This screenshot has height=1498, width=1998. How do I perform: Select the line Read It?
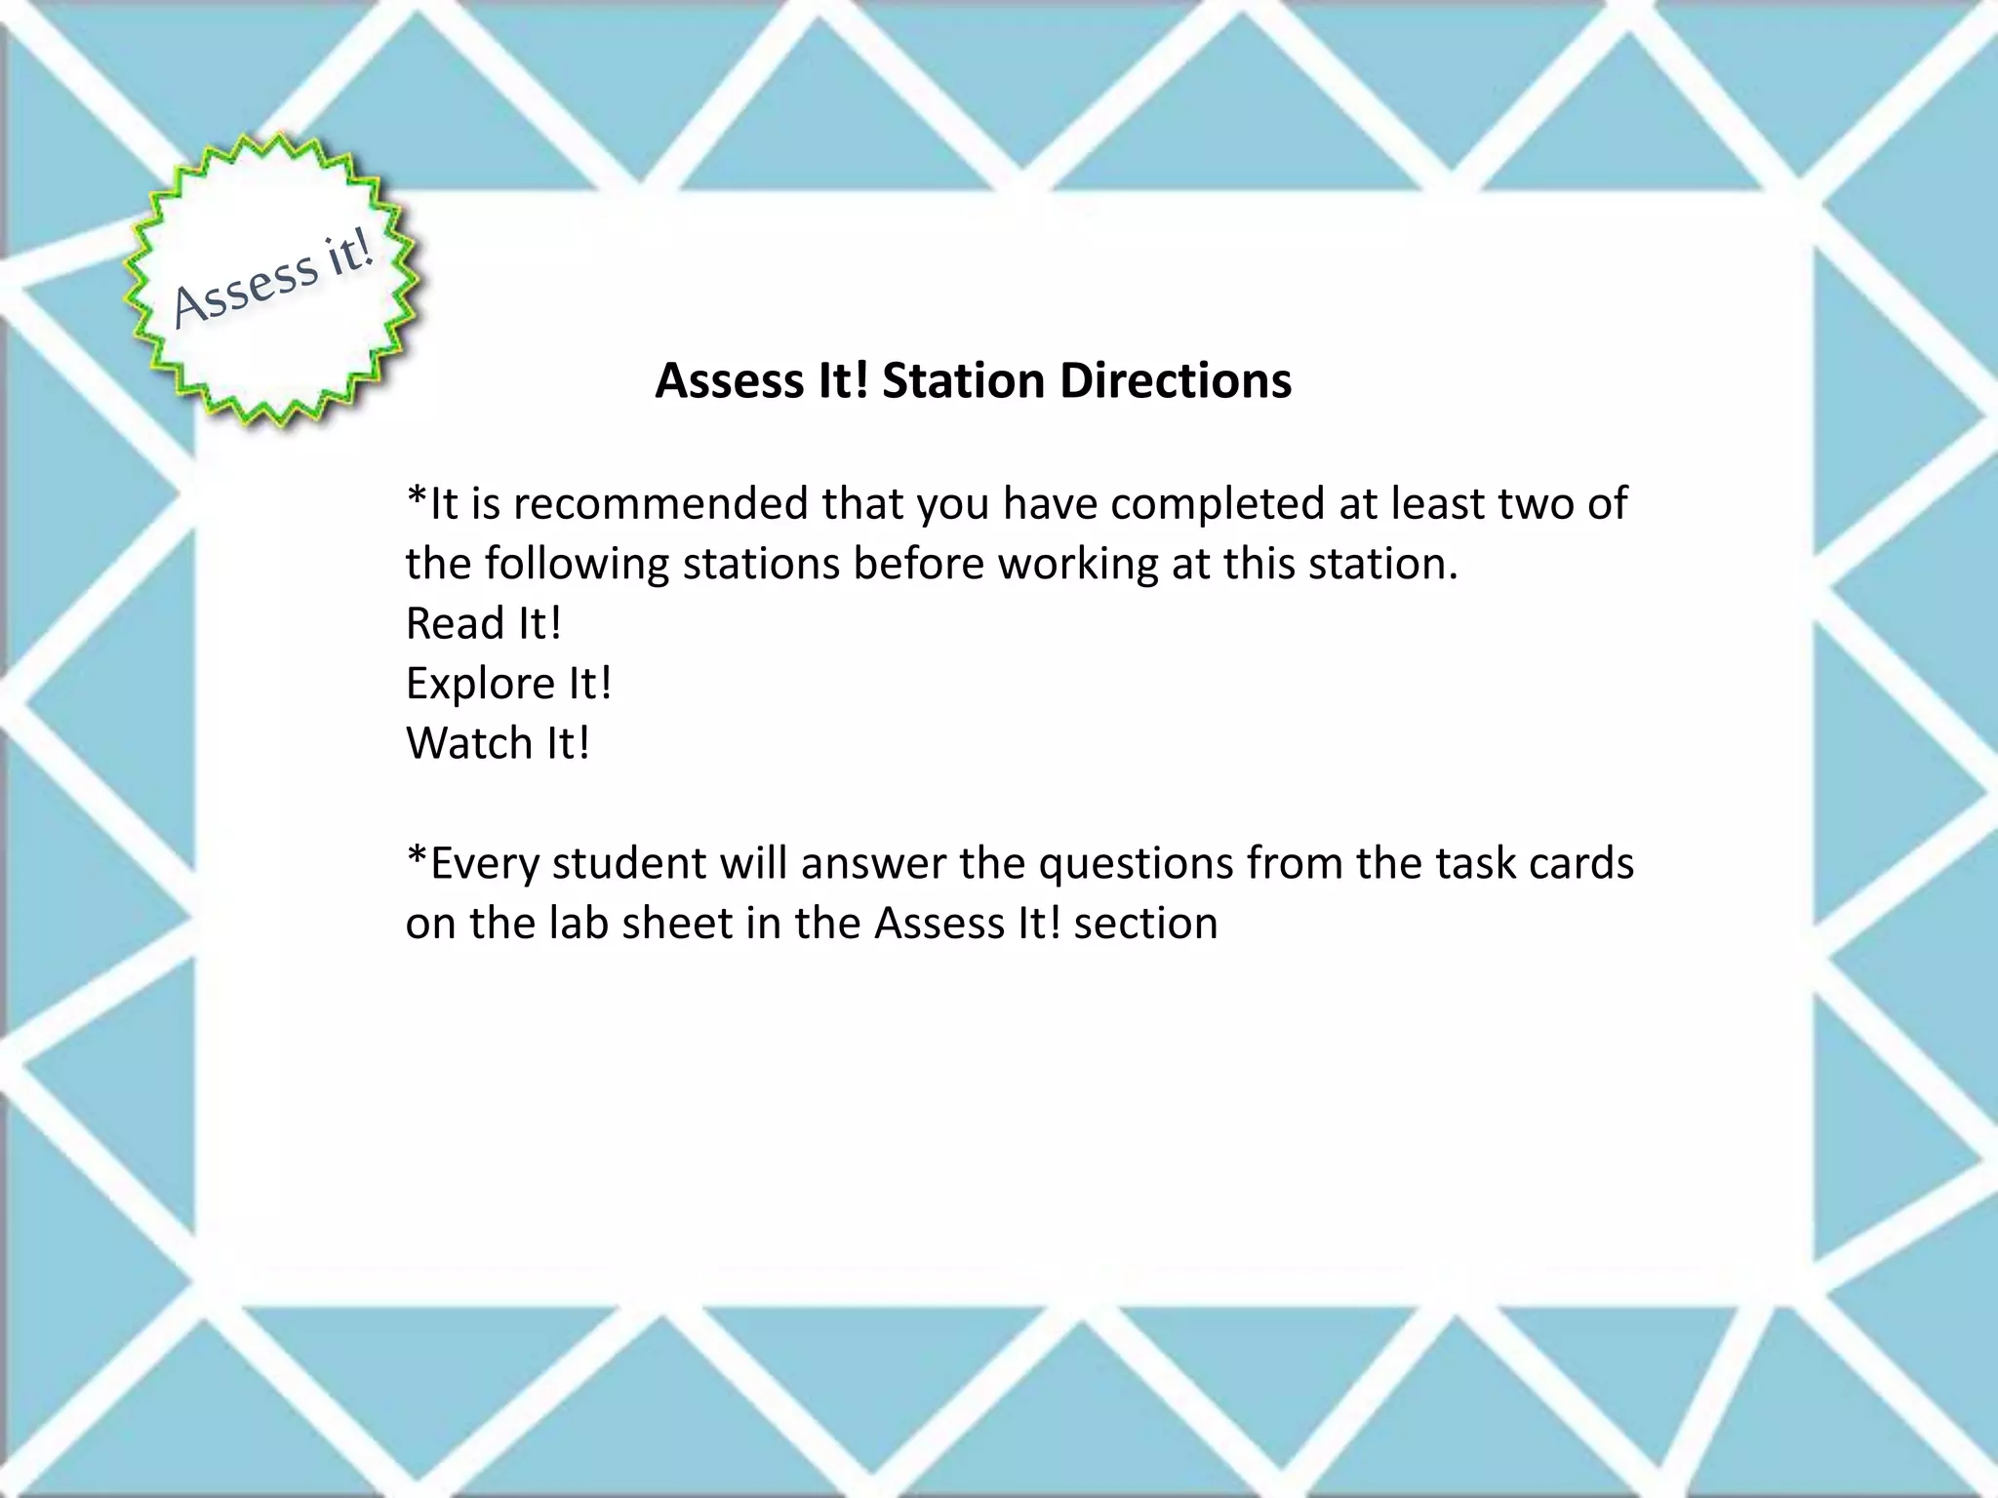point(484,624)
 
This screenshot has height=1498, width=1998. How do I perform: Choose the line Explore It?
point(508,684)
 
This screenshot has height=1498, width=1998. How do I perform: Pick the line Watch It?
point(498,744)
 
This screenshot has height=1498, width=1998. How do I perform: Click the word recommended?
point(663,504)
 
